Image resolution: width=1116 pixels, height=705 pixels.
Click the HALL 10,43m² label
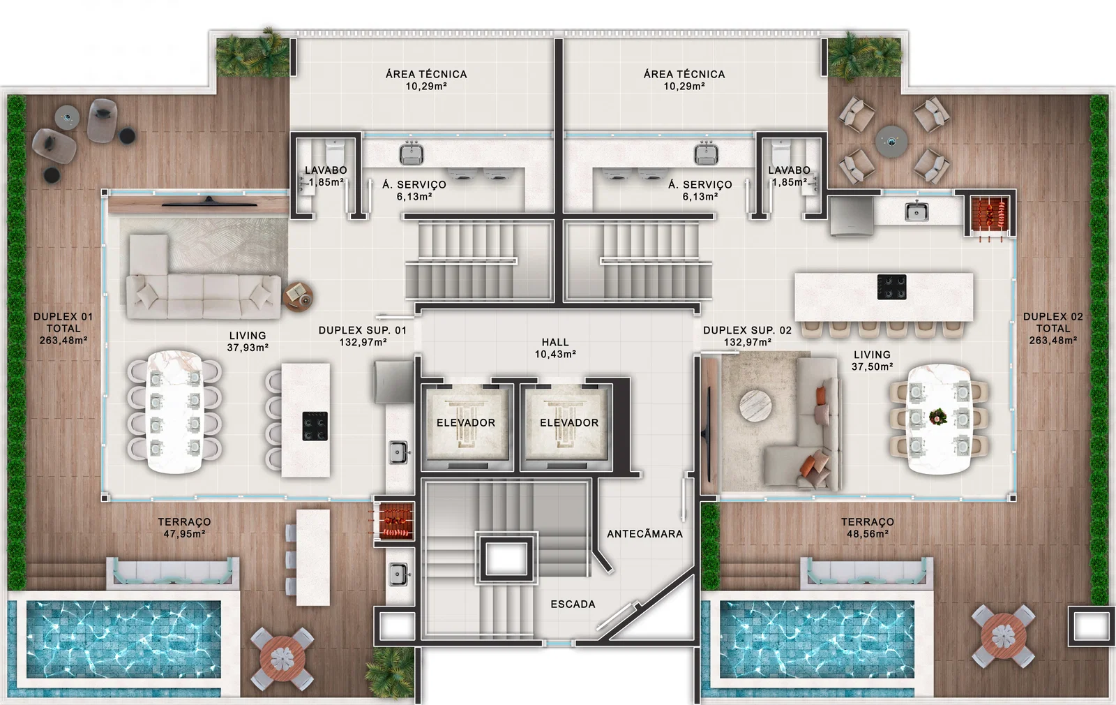pos(555,348)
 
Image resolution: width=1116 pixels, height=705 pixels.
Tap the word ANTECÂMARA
pos(644,534)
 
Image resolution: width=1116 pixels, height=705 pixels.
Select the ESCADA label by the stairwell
pos(573,604)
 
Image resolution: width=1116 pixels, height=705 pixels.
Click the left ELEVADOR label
pos(466,423)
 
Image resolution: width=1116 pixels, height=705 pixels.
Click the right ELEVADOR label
pos(569,423)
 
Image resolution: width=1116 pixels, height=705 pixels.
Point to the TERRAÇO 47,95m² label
pos(184,528)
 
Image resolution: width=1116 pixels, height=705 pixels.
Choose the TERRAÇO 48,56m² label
pos(868,528)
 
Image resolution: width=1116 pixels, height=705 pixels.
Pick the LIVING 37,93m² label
pos(248,341)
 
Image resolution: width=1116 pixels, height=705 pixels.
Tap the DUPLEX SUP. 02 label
pos(747,330)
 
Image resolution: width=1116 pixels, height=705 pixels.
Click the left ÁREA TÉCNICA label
pos(426,74)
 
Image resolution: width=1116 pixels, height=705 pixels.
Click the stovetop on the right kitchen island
pos(892,287)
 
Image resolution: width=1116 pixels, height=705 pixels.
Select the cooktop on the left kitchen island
pos(315,426)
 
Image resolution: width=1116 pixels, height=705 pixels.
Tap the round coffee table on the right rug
pos(755,406)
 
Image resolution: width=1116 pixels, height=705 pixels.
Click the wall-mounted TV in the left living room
pos(209,202)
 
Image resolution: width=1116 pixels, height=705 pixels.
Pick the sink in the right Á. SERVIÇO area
pos(706,152)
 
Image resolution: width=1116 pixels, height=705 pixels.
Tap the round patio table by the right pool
pos(1004,636)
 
